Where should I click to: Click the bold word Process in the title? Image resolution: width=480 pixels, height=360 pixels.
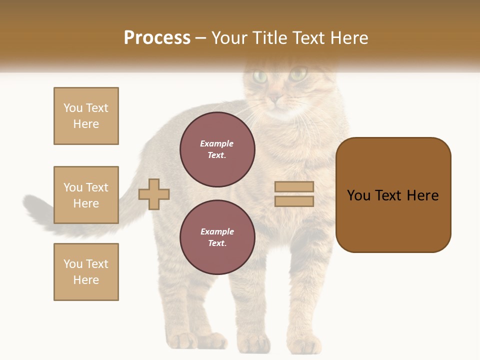pos(157,38)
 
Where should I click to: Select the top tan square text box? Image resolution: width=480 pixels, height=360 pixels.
pos(86,116)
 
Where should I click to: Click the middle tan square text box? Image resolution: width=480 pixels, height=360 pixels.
pos(86,195)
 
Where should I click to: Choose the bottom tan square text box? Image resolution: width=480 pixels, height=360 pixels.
pos(86,272)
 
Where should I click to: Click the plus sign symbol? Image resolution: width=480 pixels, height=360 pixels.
pos(154,194)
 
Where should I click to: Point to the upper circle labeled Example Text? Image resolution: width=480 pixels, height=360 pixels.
pos(217,149)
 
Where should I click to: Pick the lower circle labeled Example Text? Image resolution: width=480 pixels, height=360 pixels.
pos(217,237)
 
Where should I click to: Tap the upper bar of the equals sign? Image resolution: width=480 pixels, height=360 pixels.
pos(294,186)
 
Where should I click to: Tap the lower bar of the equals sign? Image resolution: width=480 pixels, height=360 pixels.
pos(294,201)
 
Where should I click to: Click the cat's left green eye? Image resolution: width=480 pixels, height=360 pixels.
pos(260,76)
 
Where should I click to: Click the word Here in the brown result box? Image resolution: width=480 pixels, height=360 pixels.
pos(422,195)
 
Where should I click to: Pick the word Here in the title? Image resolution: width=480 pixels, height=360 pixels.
pos(348,38)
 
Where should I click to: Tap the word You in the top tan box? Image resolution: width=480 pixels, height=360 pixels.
pos(73,108)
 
